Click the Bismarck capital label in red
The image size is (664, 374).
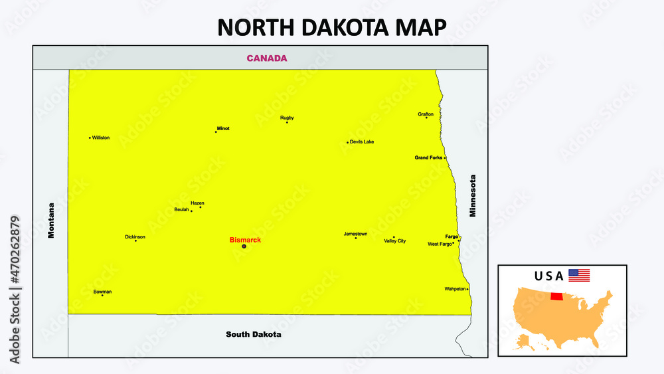(x=245, y=239)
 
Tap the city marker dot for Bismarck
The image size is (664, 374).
(x=244, y=246)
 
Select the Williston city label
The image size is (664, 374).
(x=102, y=138)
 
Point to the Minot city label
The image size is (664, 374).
(x=223, y=128)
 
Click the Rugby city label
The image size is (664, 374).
(x=287, y=118)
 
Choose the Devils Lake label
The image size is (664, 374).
(x=363, y=141)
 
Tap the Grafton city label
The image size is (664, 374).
(x=426, y=114)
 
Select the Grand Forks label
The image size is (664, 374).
(x=428, y=157)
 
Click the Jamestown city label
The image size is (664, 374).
(x=355, y=234)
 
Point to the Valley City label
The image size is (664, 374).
(x=395, y=241)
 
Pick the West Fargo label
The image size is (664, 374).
(x=440, y=244)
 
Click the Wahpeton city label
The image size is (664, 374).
(x=455, y=289)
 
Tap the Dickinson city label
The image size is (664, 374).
(x=135, y=236)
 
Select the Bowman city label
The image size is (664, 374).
(x=102, y=292)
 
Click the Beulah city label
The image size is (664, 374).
(x=181, y=209)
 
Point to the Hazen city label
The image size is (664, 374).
(x=197, y=203)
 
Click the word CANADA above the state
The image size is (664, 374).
(x=267, y=58)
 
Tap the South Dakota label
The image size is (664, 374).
(x=253, y=334)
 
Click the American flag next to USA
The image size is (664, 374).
(x=579, y=275)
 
